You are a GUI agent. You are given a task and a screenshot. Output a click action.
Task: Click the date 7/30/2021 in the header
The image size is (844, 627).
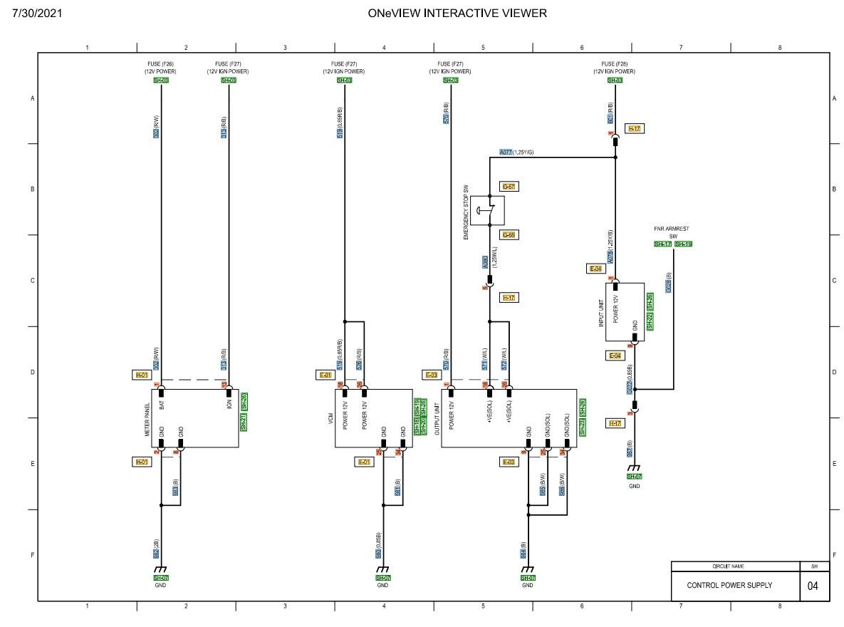point(34,13)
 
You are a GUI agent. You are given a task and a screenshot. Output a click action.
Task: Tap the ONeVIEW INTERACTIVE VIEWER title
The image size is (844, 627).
point(457,13)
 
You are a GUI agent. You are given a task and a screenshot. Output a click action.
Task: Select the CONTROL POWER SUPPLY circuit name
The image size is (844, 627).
point(729,585)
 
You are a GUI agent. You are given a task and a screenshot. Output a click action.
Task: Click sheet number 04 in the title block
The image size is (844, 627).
point(813,586)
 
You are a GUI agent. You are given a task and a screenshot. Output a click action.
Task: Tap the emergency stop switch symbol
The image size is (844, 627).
point(489,209)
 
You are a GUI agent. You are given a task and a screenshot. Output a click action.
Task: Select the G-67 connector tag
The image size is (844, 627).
point(508,187)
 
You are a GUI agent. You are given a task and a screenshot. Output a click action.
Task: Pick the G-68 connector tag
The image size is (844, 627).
point(508,234)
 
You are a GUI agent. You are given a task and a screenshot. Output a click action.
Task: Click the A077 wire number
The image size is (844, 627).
point(506,152)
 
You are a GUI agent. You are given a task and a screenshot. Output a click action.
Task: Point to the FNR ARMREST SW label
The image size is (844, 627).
point(672,232)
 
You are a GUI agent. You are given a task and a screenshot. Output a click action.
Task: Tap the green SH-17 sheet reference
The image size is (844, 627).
point(662,244)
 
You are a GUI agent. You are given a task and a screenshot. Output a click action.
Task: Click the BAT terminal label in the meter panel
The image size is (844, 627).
point(162,405)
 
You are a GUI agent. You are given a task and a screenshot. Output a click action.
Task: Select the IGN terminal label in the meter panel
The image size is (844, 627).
point(229,403)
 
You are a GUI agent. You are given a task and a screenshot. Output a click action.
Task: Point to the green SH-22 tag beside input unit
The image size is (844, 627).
point(650,321)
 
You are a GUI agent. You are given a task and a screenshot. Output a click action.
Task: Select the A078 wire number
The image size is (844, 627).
point(610,257)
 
